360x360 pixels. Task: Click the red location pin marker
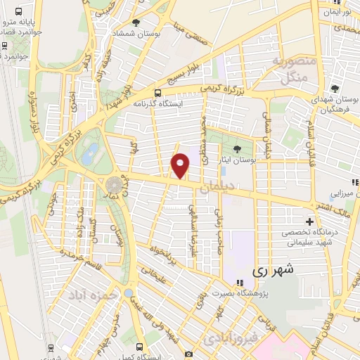click(x=181, y=165)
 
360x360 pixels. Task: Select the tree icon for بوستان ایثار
click(x=237, y=148)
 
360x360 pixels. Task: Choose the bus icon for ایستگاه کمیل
click(x=139, y=346)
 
